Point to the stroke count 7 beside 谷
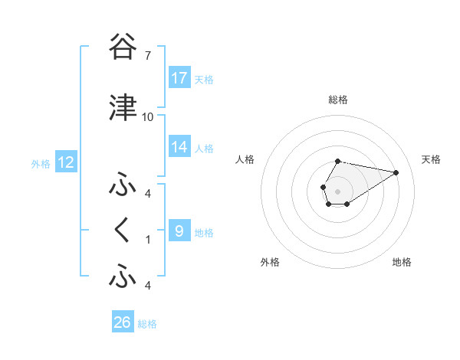click(x=147, y=56)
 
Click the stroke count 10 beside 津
click(x=147, y=117)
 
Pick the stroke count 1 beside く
click(x=147, y=239)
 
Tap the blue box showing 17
click(x=179, y=78)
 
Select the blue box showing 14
click(x=179, y=146)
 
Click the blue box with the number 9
click(x=179, y=231)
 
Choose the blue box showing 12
click(x=65, y=162)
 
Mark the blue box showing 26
click(x=123, y=322)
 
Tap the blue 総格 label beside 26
click(x=147, y=324)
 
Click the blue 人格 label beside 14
click(x=204, y=148)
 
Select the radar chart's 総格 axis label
click(x=337, y=100)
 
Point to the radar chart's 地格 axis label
click(x=402, y=262)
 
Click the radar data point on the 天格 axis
click(x=396, y=172)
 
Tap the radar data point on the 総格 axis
click(x=337, y=161)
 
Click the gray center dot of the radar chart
click(x=337, y=191)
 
